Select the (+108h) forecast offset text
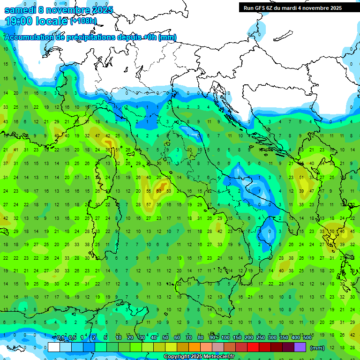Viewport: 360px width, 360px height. click(83, 21)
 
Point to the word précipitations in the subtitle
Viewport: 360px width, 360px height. click(92, 37)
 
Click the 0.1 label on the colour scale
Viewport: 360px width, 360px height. click(60, 338)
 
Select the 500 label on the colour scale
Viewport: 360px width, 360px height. click(307, 338)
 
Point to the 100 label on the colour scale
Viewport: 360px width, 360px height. click(225, 338)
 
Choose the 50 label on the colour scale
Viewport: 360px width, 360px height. click(165, 338)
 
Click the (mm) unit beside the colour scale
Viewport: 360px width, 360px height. click(317, 348)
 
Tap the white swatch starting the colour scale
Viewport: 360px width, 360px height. click(53, 347)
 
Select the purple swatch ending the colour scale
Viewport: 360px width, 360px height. click(300, 347)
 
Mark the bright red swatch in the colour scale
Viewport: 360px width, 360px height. click(253, 347)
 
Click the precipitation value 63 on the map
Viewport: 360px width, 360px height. click(159, 191)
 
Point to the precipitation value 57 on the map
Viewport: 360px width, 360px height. click(148, 205)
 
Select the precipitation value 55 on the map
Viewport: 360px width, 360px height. click(148, 191)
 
